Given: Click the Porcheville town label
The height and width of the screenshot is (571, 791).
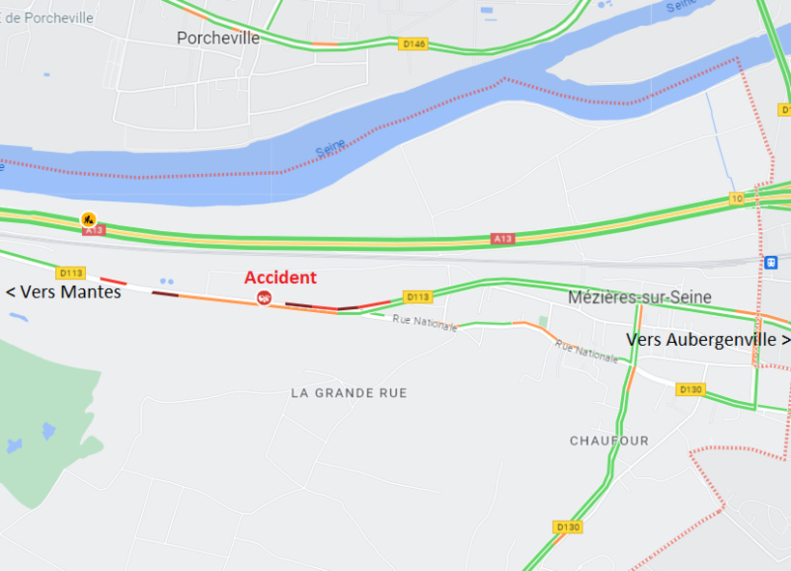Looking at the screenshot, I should tap(218, 38).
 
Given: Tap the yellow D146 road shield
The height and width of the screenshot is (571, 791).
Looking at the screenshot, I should tap(413, 43).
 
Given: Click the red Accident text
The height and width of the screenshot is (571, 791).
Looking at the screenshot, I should tap(280, 277).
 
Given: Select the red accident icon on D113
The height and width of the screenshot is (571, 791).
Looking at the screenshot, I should tap(264, 298).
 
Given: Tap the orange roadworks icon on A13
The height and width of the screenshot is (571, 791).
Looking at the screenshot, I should tap(88, 218).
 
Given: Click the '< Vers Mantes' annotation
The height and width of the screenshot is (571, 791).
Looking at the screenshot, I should tap(64, 292).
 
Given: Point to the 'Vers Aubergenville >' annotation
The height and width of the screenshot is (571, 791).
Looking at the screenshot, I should tap(708, 340).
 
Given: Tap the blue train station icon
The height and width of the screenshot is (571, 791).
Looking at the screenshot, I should tap(771, 262).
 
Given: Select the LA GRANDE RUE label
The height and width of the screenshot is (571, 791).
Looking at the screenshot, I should tap(349, 393).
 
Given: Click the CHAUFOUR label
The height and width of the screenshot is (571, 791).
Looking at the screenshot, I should tap(609, 441).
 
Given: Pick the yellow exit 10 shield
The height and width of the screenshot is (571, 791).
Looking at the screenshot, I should tap(737, 198).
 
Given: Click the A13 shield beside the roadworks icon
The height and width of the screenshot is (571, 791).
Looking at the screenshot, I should tap(94, 230).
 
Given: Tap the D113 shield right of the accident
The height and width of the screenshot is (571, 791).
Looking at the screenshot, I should tap(417, 297).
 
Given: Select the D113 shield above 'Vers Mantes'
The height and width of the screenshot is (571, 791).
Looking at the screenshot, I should tap(71, 272).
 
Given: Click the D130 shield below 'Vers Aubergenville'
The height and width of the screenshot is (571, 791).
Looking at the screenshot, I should tap(690, 389).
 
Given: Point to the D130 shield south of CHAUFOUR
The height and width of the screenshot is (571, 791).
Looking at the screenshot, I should tap(568, 527).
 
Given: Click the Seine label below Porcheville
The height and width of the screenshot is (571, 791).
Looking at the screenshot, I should tap(330, 152).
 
